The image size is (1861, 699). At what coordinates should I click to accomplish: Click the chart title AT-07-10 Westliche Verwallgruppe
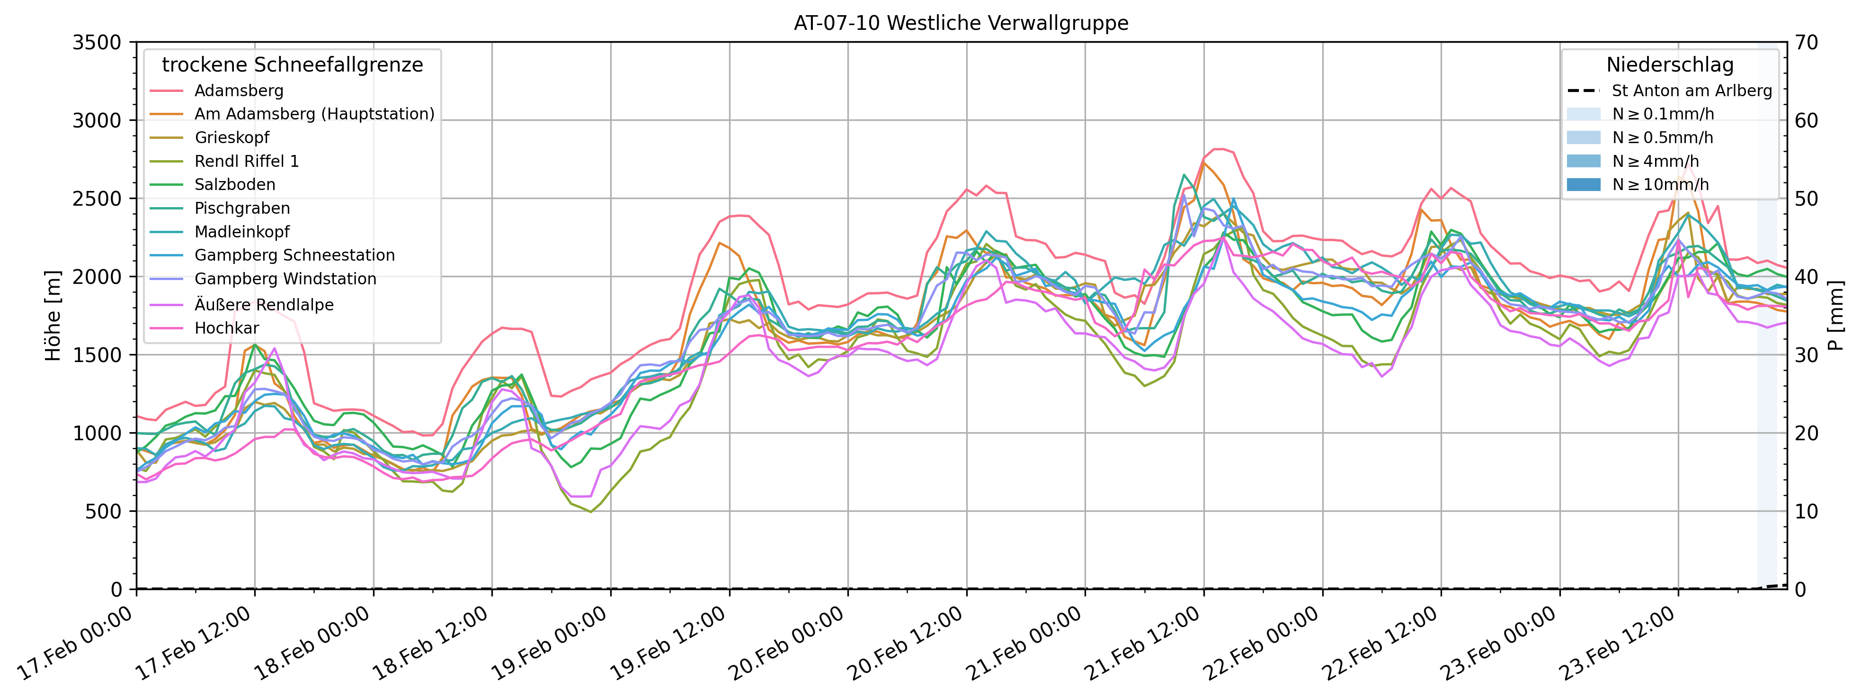(x=961, y=23)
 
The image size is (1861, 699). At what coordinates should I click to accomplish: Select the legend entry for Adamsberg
(x=239, y=91)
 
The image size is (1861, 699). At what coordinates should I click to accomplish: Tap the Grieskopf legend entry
(x=232, y=138)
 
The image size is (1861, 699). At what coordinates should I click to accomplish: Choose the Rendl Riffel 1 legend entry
(x=246, y=161)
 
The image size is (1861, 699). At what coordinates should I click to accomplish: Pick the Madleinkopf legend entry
(x=242, y=232)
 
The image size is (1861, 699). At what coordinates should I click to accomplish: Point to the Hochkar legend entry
(x=226, y=328)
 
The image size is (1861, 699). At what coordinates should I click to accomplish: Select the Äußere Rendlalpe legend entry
(x=264, y=304)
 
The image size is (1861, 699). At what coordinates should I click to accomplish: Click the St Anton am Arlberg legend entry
(x=1691, y=91)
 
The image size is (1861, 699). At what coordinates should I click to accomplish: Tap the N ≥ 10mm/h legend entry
(x=1660, y=185)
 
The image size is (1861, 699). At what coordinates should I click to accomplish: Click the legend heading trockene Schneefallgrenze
(x=293, y=65)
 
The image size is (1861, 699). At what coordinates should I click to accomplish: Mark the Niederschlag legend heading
(x=1670, y=65)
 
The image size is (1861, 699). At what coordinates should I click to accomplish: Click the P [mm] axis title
(x=1836, y=316)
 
